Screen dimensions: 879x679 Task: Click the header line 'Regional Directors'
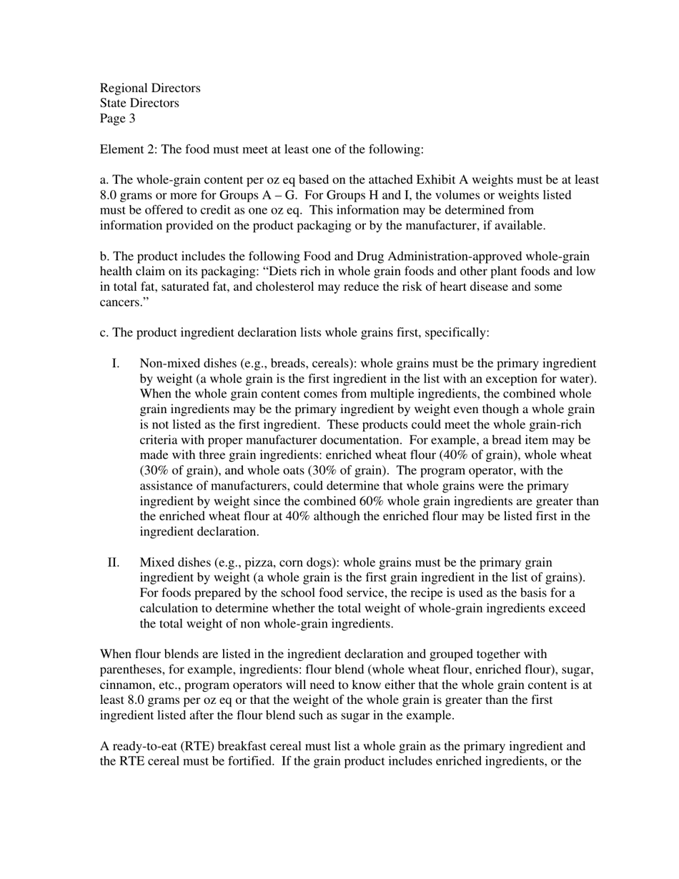[150, 88]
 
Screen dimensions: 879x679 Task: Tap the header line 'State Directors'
[139, 103]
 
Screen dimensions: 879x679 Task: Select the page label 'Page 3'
[117, 119]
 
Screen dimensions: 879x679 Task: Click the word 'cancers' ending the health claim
[118, 302]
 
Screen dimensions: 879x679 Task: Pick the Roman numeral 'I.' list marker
[116, 364]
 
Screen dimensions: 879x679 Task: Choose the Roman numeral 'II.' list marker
[114, 562]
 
